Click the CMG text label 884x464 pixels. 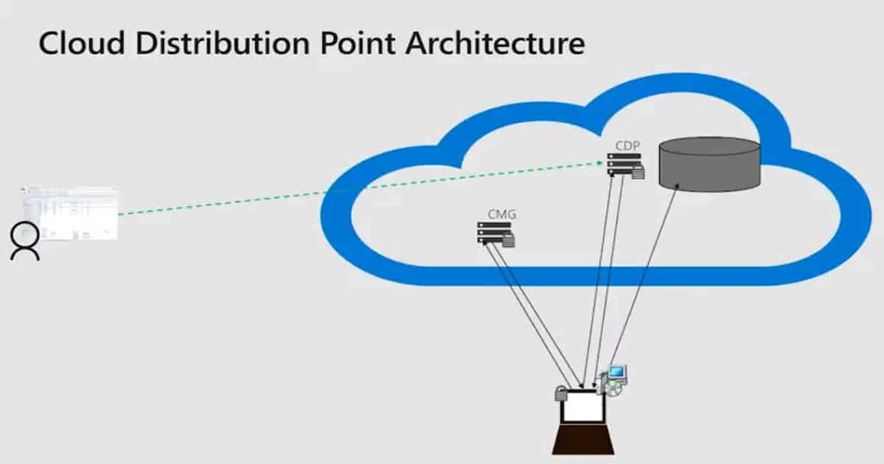tap(502, 214)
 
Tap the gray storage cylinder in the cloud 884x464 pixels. tap(709, 164)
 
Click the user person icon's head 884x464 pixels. tap(25, 233)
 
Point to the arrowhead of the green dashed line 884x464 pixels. tap(603, 162)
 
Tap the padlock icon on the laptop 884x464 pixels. tap(562, 395)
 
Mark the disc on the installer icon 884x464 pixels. tap(611, 387)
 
